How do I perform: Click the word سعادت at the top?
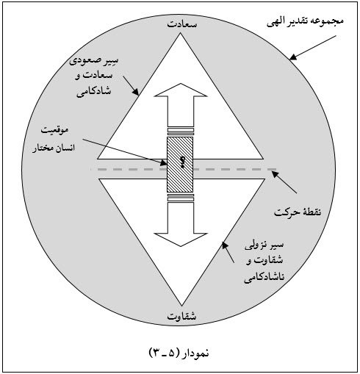(x=182, y=24)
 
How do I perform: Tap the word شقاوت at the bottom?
(x=181, y=316)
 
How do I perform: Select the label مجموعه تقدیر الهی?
(x=305, y=21)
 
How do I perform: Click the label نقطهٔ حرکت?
(x=298, y=212)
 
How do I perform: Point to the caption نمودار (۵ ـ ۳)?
(x=179, y=353)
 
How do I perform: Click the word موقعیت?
(x=54, y=130)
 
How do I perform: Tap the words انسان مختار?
(x=54, y=148)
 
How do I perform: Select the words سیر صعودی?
(x=93, y=61)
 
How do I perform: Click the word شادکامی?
(x=94, y=92)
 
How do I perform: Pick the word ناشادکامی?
(x=264, y=278)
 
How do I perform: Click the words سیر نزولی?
(x=264, y=245)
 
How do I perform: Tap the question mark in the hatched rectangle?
(x=182, y=162)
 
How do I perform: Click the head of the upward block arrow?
(x=181, y=90)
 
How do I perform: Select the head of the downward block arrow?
(x=181, y=240)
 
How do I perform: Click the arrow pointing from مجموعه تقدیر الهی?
(x=313, y=48)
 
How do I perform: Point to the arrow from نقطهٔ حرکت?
(x=284, y=182)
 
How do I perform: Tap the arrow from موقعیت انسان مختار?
(x=125, y=152)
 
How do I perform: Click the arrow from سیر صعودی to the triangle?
(x=131, y=85)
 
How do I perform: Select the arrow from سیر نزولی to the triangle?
(x=228, y=252)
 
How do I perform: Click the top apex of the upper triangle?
(x=181, y=33)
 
